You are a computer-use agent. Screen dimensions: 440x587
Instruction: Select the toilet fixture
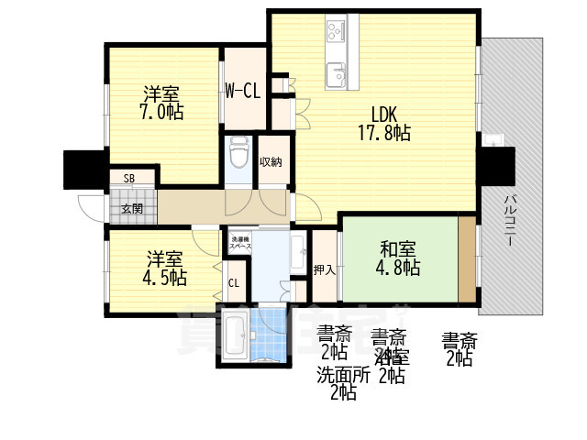pyautogui.click(x=239, y=153)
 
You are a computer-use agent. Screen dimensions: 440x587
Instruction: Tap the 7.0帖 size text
pyautogui.click(x=162, y=112)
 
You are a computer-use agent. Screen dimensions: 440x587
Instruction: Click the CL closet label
pyautogui.click(x=233, y=283)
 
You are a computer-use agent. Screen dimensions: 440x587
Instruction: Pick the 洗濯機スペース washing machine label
pyautogui.click(x=240, y=243)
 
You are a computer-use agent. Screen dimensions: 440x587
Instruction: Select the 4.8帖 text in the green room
pyautogui.click(x=399, y=268)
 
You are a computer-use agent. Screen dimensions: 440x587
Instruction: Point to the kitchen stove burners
pyautogui.click(x=333, y=37)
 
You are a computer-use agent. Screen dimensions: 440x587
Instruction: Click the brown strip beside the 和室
pyautogui.click(x=468, y=259)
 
